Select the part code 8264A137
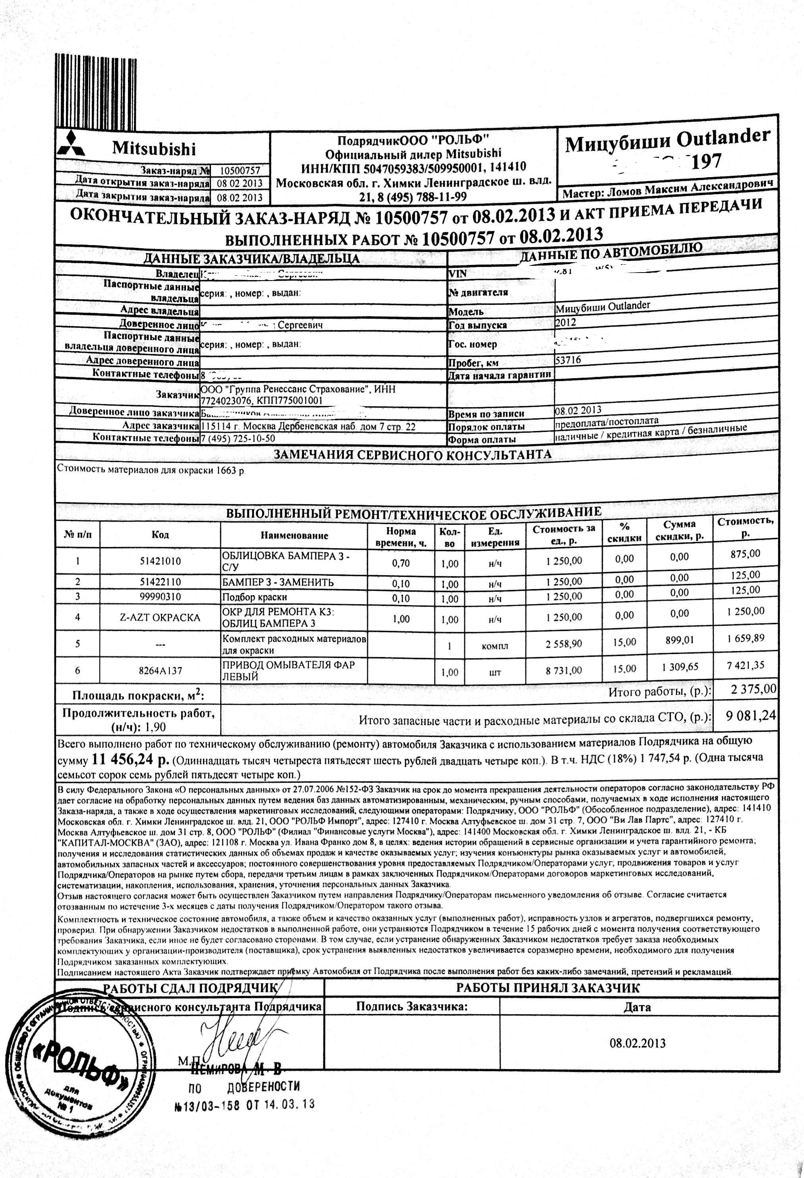[x=160, y=670]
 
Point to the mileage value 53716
[x=568, y=360]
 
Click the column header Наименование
[x=294, y=535]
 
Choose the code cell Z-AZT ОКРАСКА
[x=160, y=617]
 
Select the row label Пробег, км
[x=473, y=363]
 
